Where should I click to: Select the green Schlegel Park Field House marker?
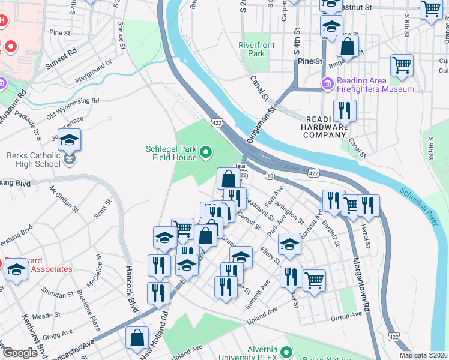point(206,152)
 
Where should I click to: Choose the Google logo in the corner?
point(20,353)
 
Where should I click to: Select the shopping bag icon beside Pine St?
point(347,46)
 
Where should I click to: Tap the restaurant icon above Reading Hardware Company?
point(344,110)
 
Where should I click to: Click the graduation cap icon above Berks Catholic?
point(70,140)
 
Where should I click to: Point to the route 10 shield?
point(270,175)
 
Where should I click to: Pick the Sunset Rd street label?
point(64,56)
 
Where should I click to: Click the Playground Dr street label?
point(94,72)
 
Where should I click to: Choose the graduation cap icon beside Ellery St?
point(289,244)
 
